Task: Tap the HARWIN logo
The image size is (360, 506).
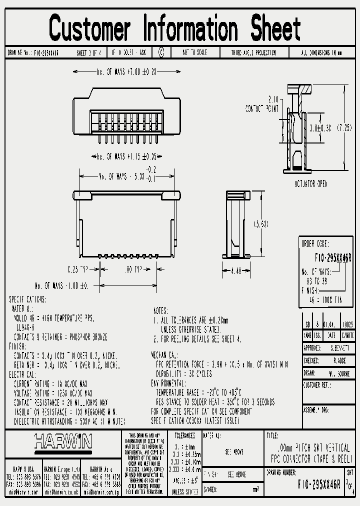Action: click(x=63, y=441)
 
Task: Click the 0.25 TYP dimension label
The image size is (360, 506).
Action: click(x=75, y=269)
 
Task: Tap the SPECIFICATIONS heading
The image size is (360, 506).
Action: click(x=28, y=299)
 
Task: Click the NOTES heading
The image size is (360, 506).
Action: click(x=159, y=310)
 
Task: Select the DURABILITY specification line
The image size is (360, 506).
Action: click(x=183, y=373)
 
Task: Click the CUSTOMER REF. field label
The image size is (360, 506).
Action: click(x=318, y=385)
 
